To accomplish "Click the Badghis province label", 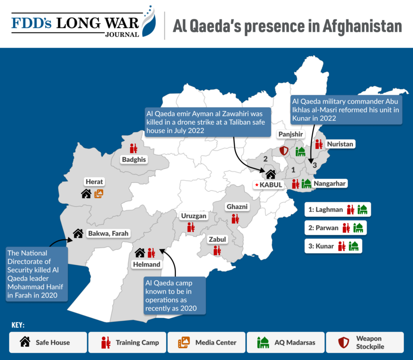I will [134, 160].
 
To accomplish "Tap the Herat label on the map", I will [94, 182].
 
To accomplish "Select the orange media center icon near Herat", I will [99, 194].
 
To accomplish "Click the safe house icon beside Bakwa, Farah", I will [78, 233].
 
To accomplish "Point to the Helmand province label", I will [147, 264].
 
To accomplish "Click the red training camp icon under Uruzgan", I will [191, 227].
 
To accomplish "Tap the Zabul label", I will [217, 239].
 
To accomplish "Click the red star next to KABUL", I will [256, 185].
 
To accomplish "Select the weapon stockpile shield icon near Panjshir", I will [284, 151].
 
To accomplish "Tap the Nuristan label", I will [341, 144].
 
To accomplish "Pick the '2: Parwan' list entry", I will [336, 228].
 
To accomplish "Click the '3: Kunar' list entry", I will [333, 246].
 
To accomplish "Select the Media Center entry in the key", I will [206, 343].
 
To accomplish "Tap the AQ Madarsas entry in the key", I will [285, 343].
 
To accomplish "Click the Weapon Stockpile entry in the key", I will [365, 343].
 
